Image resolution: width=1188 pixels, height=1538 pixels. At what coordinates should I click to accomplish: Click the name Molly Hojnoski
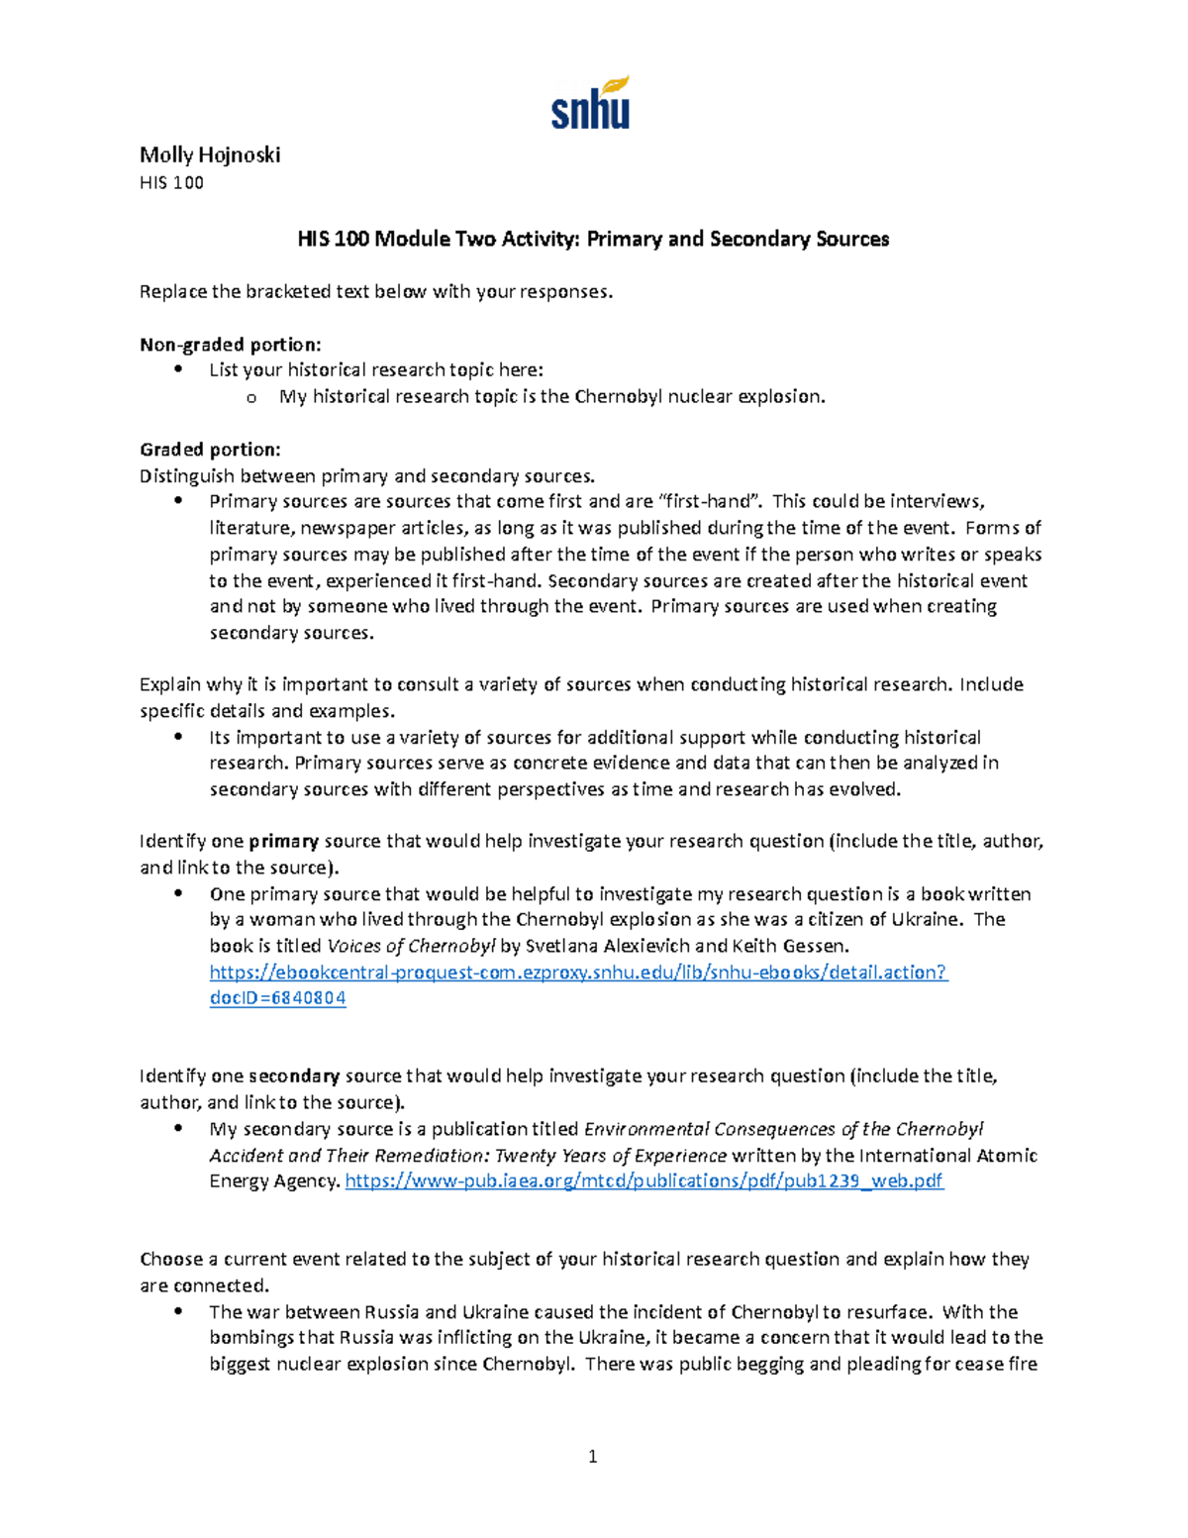pyautogui.click(x=210, y=154)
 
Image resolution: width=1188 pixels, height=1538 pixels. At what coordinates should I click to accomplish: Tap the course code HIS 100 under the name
pyautogui.click(x=171, y=182)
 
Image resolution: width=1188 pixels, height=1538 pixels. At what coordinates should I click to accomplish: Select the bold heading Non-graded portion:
pyautogui.click(x=230, y=345)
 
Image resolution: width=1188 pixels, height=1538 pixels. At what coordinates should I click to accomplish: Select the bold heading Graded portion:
pyautogui.click(x=210, y=450)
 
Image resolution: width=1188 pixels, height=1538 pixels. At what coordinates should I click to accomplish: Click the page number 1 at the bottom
pyautogui.click(x=592, y=1456)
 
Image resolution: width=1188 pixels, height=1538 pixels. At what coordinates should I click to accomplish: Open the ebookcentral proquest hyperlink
pyautogui.click(x=578, y=973)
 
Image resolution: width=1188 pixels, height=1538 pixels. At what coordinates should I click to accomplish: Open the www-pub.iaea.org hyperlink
pyautogui.click(x=643, y=1180)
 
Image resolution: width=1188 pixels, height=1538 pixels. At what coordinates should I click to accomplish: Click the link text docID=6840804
pyautogui.click(x=277, y=998)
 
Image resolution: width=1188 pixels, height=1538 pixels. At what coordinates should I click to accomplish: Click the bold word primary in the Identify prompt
pyautogui.click(x=283, y=842)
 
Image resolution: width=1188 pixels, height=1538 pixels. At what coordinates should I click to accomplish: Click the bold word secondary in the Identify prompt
pyautogui.click(x=294, y=1077)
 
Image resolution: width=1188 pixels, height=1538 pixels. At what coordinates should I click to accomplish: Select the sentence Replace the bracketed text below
pyautogui.click(x=376, y=292)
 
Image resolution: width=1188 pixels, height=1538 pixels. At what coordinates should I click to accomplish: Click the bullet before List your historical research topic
pyautogui.click(x=178, y=369)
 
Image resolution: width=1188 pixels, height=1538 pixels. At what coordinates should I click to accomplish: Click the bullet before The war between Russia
pyautogui.click(x=178, y=1312)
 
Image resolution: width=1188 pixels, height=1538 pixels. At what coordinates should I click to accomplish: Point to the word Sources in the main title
pyautogui.click(x=852, y=240)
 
